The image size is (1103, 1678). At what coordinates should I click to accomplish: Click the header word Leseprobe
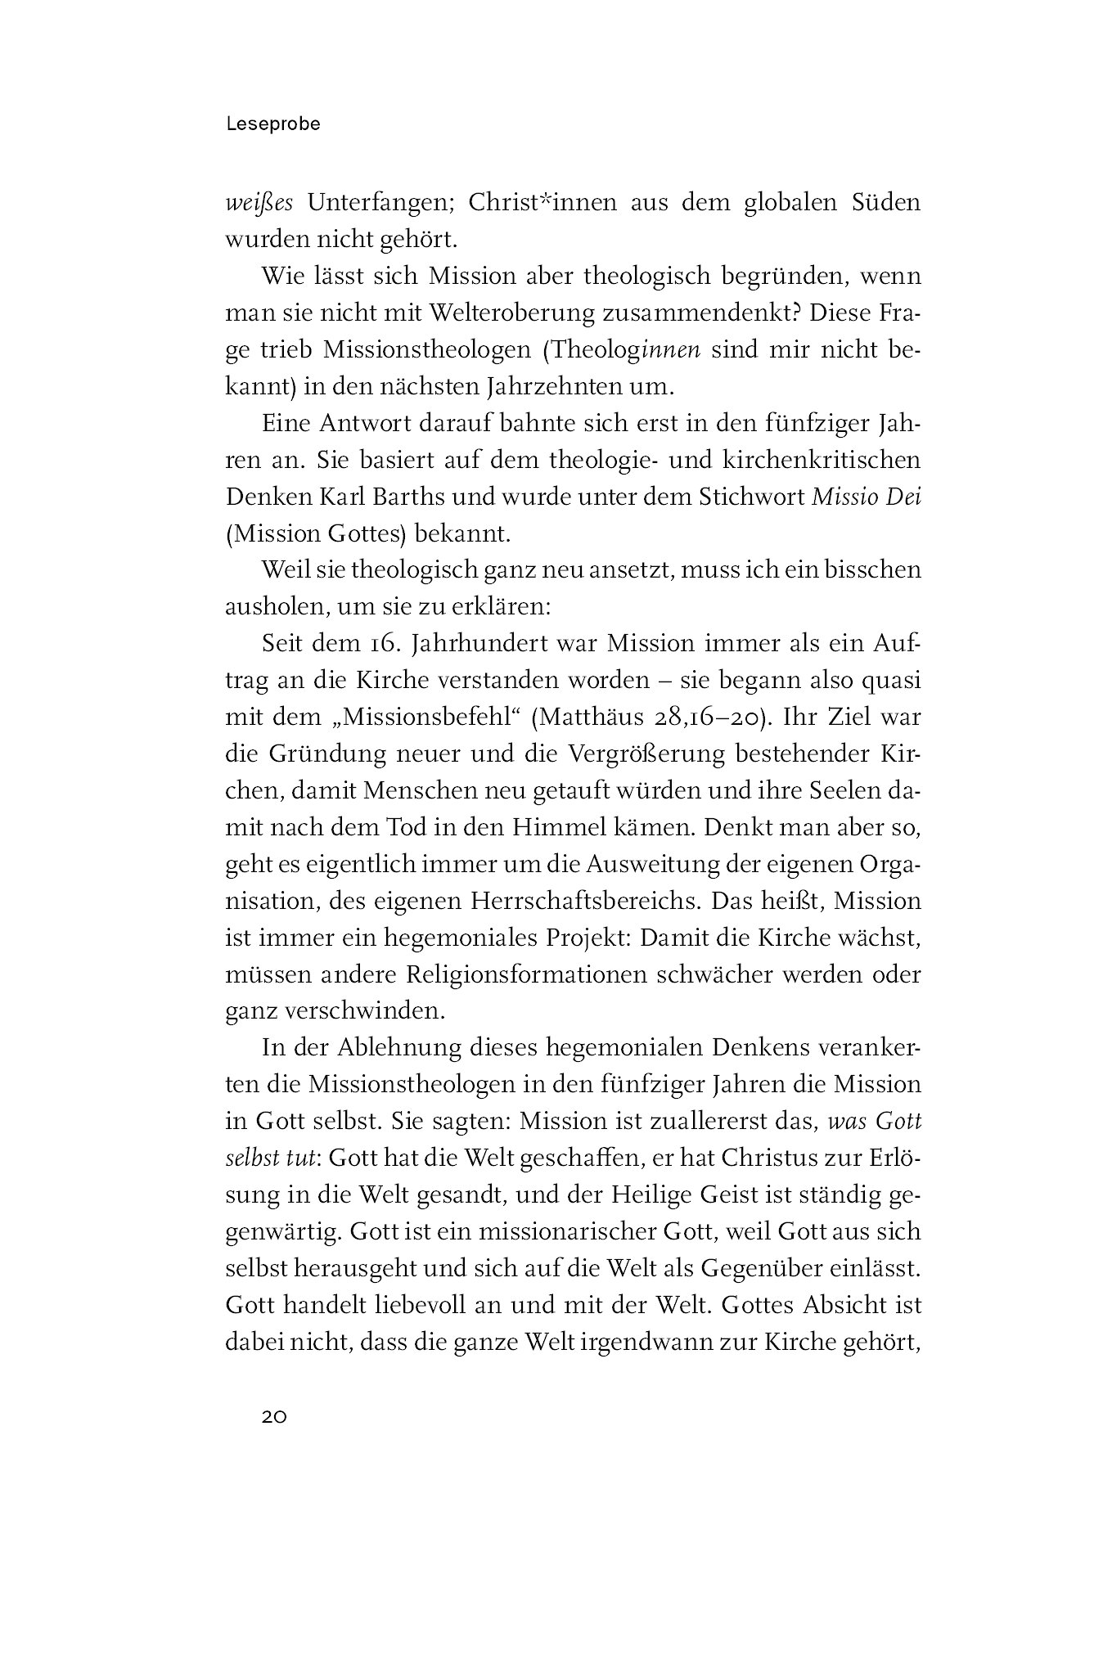pos(272,124)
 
